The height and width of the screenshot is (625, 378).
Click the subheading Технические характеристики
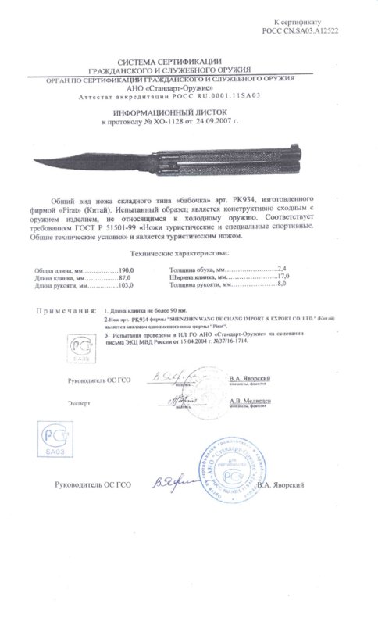coord(189,254)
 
